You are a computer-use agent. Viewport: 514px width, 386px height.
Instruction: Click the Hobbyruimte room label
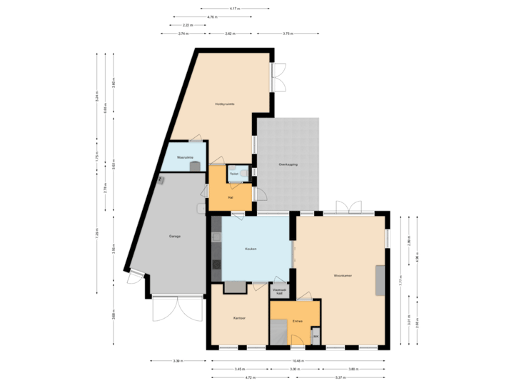(226, 104)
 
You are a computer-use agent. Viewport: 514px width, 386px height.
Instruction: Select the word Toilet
(233, 173)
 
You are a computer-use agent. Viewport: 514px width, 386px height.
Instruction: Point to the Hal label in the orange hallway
(230, 197)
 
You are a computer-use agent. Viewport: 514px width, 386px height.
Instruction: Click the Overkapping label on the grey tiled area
(288, 165)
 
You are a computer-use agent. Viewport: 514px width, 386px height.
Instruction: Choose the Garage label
(174, 236)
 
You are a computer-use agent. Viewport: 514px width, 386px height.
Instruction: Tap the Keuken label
(251, 249)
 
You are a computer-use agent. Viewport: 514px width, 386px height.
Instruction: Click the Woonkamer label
(343, 275)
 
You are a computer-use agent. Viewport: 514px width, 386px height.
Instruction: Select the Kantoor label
(239, 317)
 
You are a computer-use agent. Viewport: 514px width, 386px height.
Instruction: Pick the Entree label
(298, 321)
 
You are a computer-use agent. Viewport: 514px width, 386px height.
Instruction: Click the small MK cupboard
(316, 336)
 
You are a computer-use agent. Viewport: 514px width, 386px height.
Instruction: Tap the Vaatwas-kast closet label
(280, 292)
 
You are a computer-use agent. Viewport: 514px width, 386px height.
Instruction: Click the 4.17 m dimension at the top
(235, 9)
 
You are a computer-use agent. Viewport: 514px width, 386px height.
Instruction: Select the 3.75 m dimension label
(287, 34)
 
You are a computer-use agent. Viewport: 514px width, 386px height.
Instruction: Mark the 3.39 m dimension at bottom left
(178, 360)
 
